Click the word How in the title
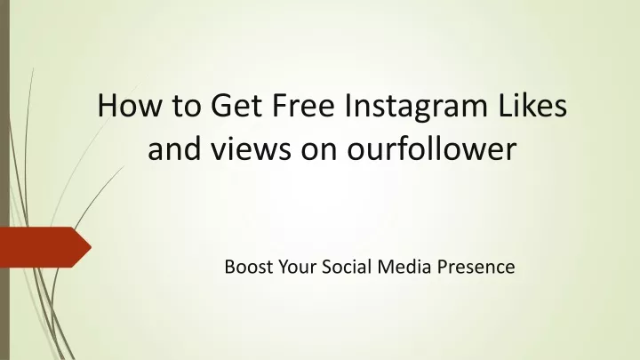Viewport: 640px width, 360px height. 130,105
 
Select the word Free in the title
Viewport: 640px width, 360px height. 303,105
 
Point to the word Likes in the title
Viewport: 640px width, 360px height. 532,105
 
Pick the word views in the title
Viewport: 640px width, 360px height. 251,148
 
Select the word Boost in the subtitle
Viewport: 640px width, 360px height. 249,267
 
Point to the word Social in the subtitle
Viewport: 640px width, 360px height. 347,267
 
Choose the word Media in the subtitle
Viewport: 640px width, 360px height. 404,267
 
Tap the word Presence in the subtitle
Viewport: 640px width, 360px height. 476,267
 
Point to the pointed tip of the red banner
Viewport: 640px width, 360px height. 91,247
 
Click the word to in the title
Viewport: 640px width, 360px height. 187,107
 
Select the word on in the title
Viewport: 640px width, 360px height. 320,151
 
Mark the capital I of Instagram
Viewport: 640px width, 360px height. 348,105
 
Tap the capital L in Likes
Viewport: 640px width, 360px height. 505,105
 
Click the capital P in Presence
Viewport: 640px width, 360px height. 443,267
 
